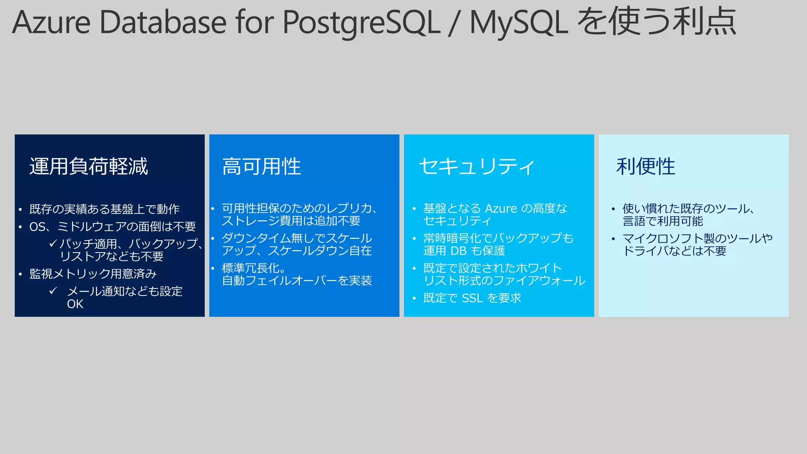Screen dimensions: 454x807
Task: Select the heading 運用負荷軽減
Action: click(x=89, y=166)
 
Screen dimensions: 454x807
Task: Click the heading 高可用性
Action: click(x=262, y=166)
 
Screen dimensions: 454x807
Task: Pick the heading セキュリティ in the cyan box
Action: click(x=477, y=166)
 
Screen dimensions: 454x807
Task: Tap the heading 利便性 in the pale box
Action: click(x=646, y=166)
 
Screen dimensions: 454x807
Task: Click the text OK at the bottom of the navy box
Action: click(x=75, y=304)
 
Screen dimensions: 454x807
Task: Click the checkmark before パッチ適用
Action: click(x=53, y=244)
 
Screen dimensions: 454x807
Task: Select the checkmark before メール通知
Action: click(x=53, y=291)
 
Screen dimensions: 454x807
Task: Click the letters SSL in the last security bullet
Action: click(x=472, y=298)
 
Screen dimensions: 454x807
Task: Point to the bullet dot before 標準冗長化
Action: click(x=212, y=268)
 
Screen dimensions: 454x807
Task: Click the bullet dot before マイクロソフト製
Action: click(x=613, y=239)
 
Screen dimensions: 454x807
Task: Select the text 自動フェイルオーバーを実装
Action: click(x=297, y=281)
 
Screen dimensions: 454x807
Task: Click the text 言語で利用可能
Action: click(x=662, y=221)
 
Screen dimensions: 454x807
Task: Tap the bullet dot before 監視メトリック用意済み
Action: click(x=20, y=274)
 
